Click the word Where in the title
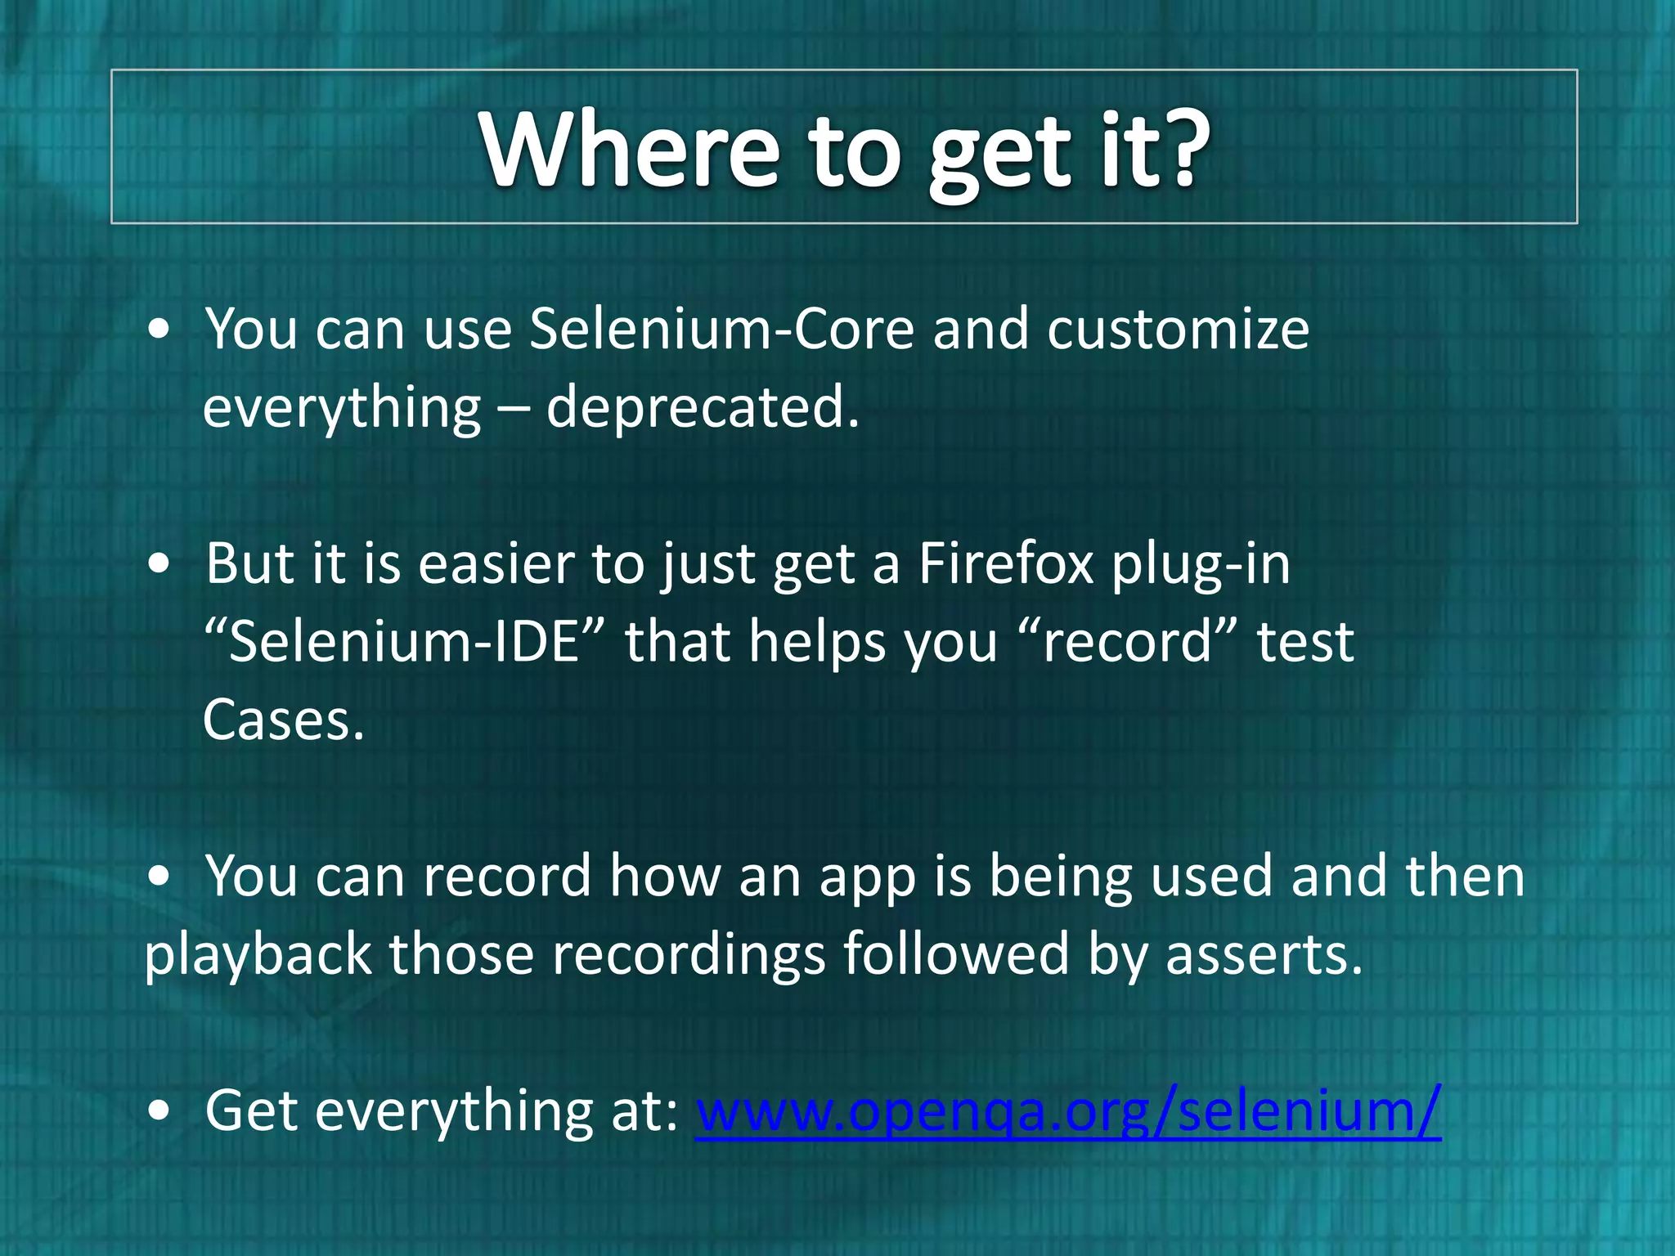pos(630,151)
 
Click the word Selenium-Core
pos(721,330)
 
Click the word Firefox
pos(1006,564)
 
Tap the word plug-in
pos(1201,566)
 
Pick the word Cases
pos(282,720)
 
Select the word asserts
pos(1264,955)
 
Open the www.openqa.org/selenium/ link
pos(1067,1112)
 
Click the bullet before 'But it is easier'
pos(160,564)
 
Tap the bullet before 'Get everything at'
pos(160,1111)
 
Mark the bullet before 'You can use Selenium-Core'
pos(160,330)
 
